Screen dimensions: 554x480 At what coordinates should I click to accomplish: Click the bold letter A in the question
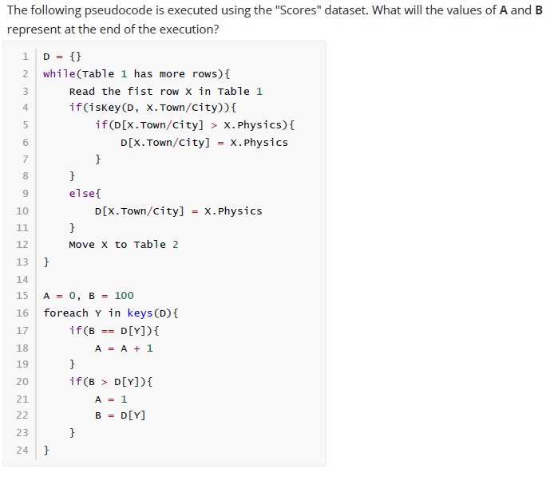tap(504, 10)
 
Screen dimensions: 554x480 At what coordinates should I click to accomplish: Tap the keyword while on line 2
tap(59, 74)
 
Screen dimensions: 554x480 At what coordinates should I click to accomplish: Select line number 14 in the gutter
tap(22, 280)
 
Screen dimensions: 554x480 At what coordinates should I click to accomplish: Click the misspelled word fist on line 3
tap(140, 92)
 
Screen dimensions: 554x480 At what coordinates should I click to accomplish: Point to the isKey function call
tap(105, 108)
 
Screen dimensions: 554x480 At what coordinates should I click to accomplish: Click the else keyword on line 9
tap(82, 194)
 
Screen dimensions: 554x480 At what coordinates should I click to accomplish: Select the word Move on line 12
tap(82, 245)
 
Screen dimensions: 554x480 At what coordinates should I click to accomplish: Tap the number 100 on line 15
tap(124, 295)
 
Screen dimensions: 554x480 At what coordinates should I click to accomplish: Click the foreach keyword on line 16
tap(65, 313)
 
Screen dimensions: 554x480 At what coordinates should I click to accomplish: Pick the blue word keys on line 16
tap(140, 313)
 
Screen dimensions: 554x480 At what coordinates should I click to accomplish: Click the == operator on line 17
tap(108, 331)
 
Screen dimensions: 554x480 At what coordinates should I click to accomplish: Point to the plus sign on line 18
tap(137, 348)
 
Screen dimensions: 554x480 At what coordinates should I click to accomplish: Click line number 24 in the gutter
tap(22, 450)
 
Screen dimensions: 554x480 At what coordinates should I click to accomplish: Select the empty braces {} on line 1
tap(76, 57)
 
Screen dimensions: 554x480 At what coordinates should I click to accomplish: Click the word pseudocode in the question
tap(119, 10)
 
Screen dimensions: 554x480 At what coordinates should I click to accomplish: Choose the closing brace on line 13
tap(46, 262)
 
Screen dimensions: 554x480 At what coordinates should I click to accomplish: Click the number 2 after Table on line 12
tap(176, 245)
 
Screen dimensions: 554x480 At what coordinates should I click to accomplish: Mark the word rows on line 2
tap(205, 74)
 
